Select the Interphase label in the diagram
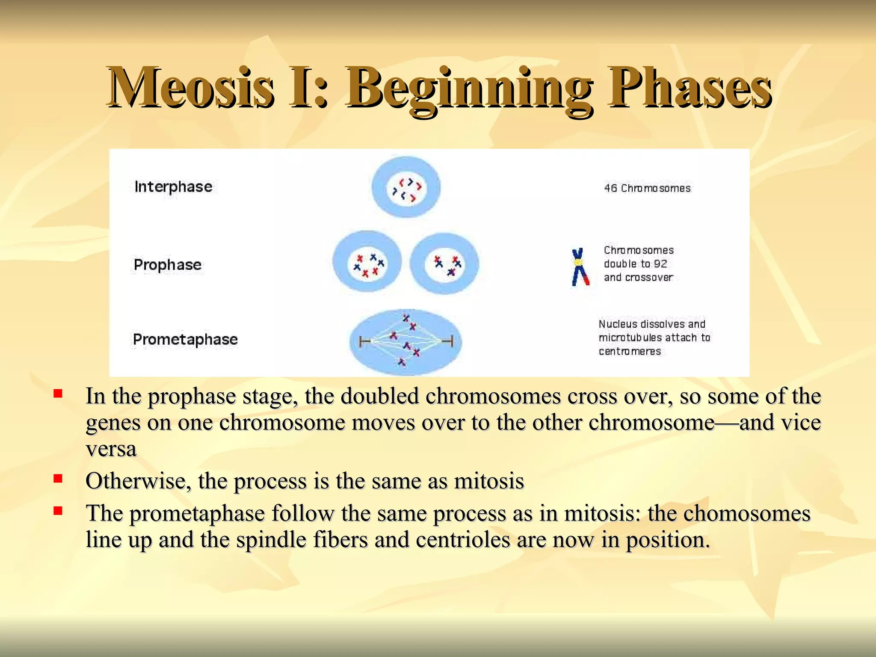click(x=173, y=186)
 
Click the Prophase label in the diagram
click(x=167, y=264)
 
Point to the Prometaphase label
click(x=185, y=339)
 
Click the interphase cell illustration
click(x=406, y=187)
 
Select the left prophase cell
click(x=367, y=262)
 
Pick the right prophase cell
click(x=444, y=263)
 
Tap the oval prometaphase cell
click(x=405, y=342)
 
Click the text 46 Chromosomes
click(x=647, y=188)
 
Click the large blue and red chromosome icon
click(x=580, y=267)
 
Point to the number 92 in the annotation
click(x=660, y=264)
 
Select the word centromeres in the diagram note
click(x=630, y=352)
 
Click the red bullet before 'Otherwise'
click(x=58, y=478)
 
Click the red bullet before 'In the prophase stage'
click(x=58, y=393)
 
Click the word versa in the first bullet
click(x=111, y=449)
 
